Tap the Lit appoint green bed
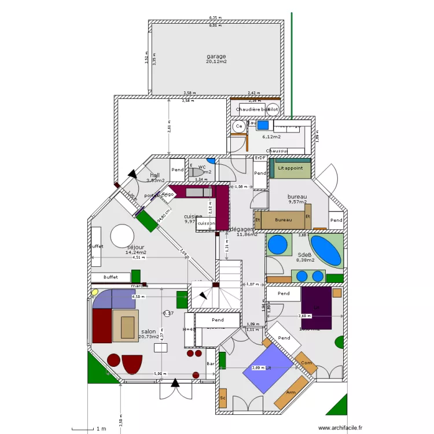click(x=290, y=167)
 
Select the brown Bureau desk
click(x=283, y=220)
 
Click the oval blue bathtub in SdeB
click(x=325, y=251)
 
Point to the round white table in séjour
click(x=124, y=236)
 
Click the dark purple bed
click(x=316, y=308)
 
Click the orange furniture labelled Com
click(x=306, y=363)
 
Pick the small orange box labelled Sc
click(x=222, y=398)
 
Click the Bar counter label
click(x=210, y=363)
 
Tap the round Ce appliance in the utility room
click(x=238, y=126)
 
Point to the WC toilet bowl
click(x=197, y=172)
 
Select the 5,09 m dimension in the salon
click(x=158, y=373)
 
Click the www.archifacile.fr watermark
click(x=336, y=428)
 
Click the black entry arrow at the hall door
click(x=133, y=174)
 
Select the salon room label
click(x=148, y=332)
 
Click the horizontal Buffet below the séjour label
click(x=111, y=277)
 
